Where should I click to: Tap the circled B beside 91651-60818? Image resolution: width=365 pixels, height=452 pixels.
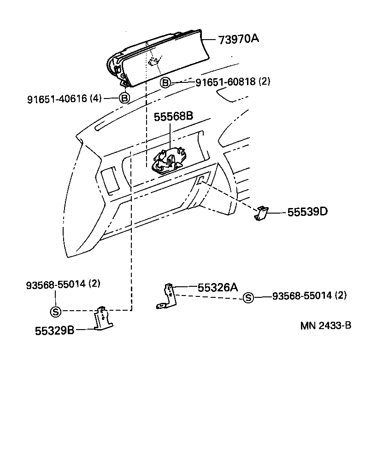(x=165, y=83)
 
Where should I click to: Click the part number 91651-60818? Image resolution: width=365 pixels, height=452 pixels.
(x=225, y=82)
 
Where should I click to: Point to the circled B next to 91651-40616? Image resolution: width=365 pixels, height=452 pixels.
(x=124, y=98)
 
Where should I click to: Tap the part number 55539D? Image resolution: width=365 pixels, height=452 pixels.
(x=307, y=212)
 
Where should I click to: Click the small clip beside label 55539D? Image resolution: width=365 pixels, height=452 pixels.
(x=262, y=213)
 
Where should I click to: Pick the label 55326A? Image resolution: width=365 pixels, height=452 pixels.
(x=218, y=288)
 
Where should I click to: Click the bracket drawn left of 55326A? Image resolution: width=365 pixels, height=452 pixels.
(x=169, y=297)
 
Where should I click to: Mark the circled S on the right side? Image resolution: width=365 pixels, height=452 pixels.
(x=248, y=298)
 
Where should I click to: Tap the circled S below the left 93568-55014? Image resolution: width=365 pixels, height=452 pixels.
(x=55, y=312)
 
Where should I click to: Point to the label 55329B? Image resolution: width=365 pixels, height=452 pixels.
(x=54, y=330)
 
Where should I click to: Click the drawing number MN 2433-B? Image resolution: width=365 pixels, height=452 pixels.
(x=326, y=325)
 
